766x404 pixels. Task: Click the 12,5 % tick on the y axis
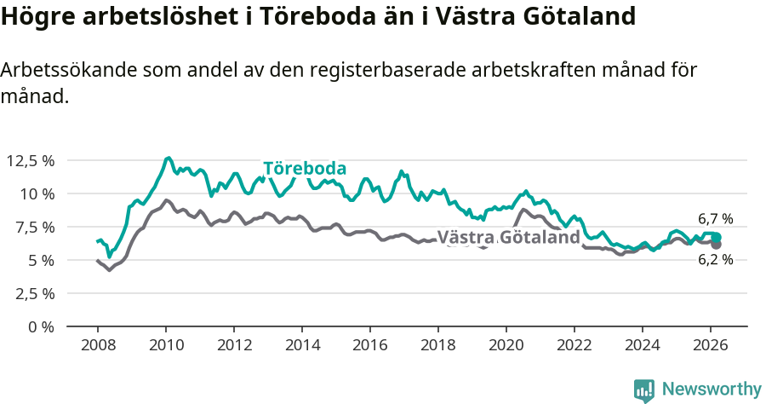point(30,160)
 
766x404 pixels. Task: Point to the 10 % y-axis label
point(35,193)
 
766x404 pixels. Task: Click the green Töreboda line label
point(305,169)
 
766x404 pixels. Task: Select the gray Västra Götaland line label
point(508,237)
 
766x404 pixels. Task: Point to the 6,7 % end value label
point(715,219)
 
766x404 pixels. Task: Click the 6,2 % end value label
point(715,260)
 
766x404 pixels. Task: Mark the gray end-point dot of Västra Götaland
point(716,245)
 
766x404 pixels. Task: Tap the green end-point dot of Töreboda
point(716,237)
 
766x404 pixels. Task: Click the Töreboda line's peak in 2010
point(168,158)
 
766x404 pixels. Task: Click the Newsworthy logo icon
point(643,390)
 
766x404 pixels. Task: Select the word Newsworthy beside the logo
point(711,390)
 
